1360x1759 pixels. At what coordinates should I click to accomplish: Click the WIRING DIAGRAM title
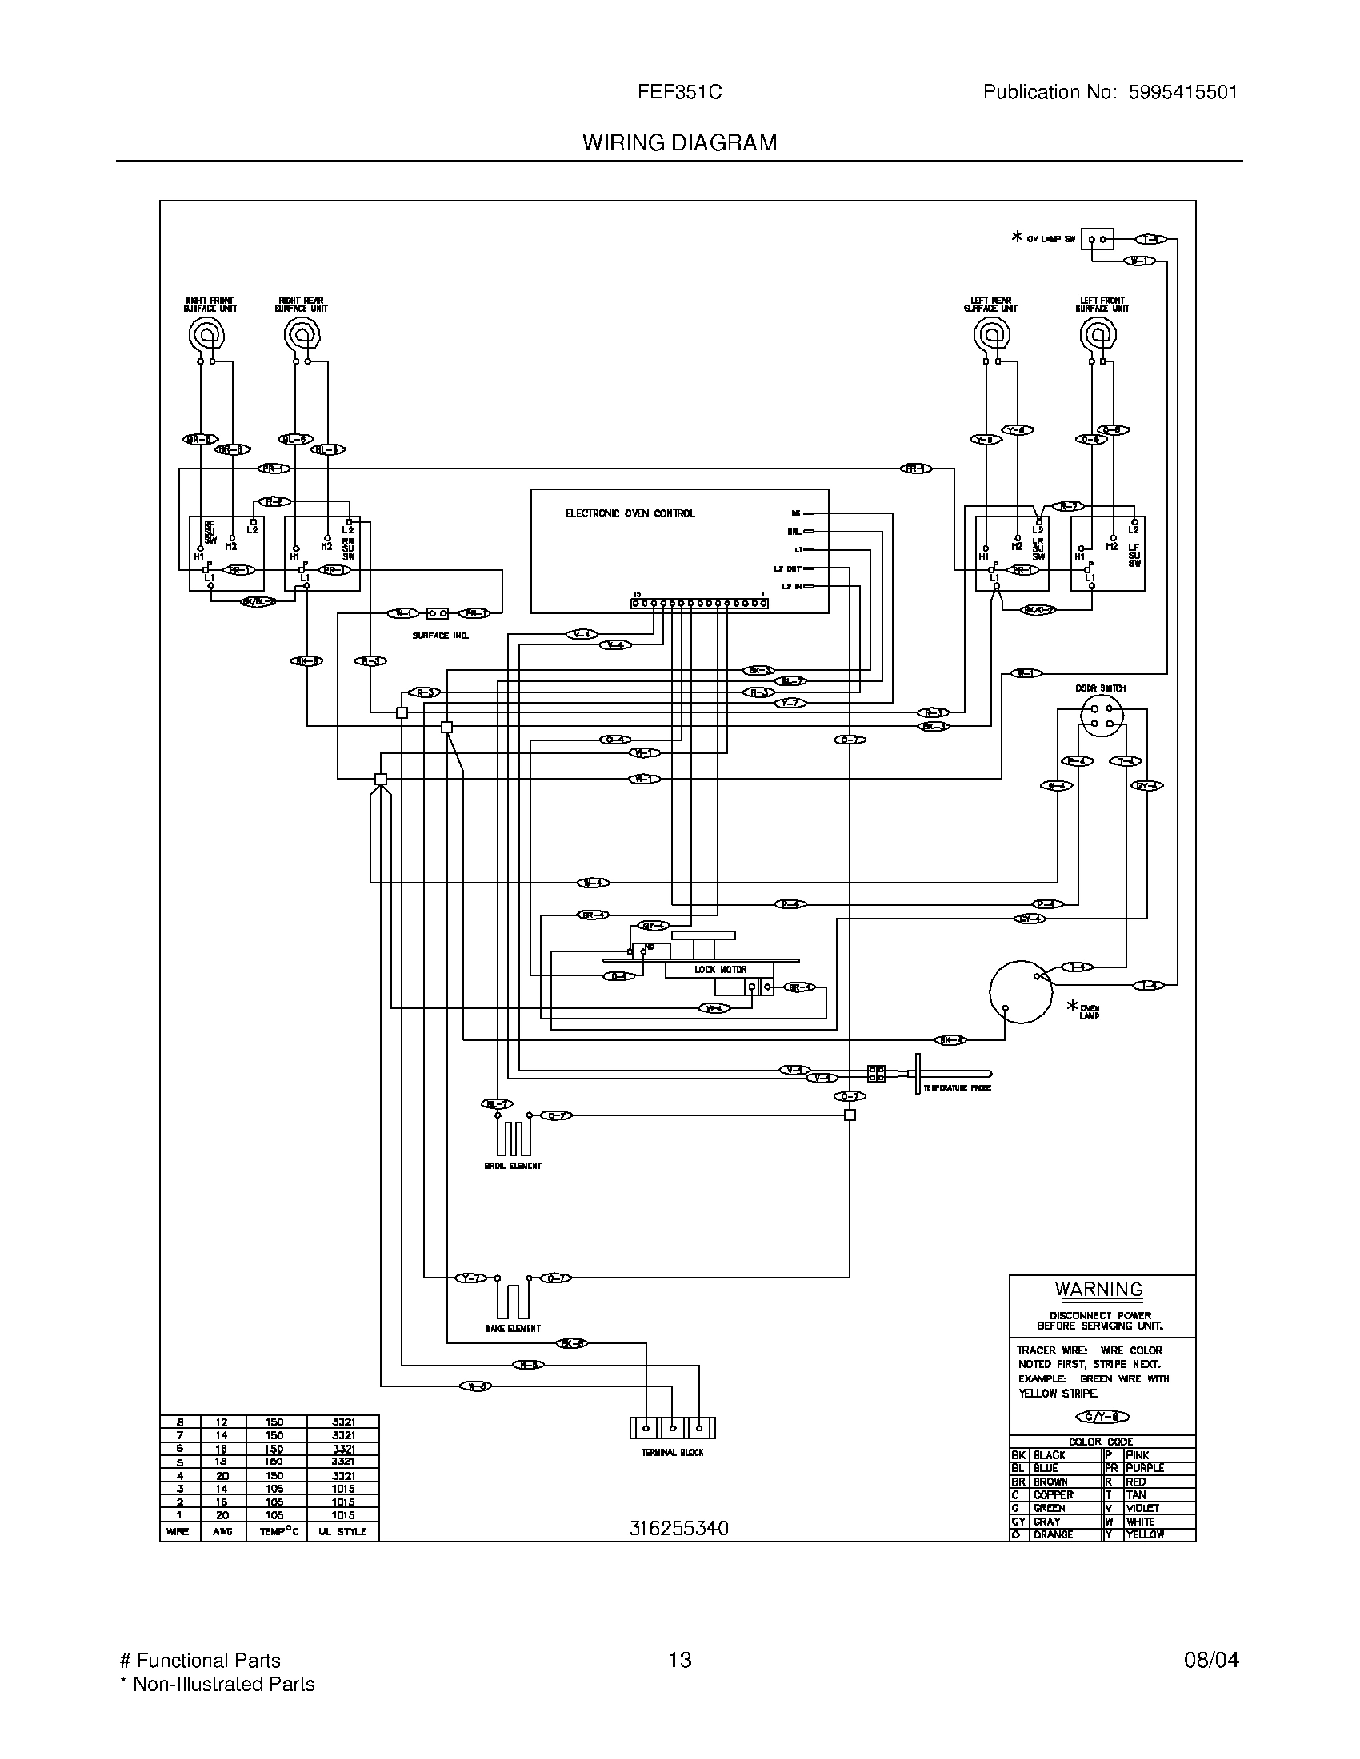point(679,142)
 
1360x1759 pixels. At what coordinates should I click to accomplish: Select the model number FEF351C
point(679,92)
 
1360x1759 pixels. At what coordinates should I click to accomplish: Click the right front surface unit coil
point(206,333)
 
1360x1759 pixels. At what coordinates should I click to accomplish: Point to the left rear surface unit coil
point(992,333)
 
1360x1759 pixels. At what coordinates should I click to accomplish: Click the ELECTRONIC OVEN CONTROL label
point(630,513)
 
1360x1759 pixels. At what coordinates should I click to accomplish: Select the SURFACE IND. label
point(440,636)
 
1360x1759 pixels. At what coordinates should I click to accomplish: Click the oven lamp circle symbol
point(1021,991)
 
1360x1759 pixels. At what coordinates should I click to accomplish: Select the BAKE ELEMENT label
point(514,1328)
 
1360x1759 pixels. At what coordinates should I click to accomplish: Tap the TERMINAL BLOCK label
point(672,1452)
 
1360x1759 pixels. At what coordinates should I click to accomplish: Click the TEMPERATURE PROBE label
point(956,1087)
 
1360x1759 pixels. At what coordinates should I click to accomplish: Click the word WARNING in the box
point(1098,1289)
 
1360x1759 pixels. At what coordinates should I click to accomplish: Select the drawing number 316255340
point(678,1528)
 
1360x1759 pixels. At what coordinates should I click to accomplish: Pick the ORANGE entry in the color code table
point(1053,1534)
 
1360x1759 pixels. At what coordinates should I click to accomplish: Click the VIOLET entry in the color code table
point(1142,1508)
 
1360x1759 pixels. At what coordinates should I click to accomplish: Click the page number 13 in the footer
point(679,1659)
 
